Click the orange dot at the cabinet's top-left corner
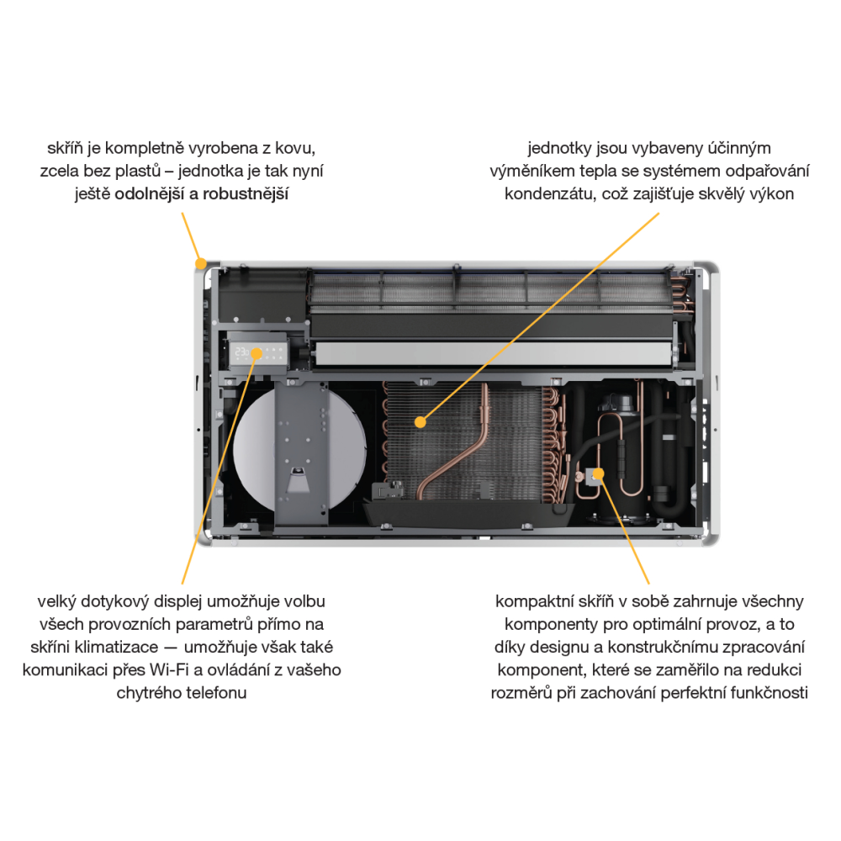tap(201, 263)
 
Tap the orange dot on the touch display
tap(257, 353)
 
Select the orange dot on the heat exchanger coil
tap(420, 422)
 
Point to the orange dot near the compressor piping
tap(599, 473)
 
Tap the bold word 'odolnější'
tap(149, 193)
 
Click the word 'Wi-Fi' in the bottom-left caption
tap(169, 670)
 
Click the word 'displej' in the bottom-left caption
tap(177, 602)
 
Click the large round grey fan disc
tap(252, 449)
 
